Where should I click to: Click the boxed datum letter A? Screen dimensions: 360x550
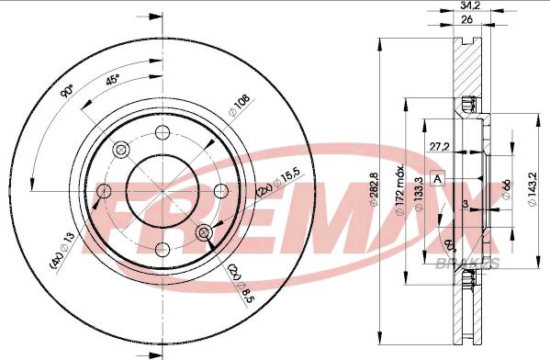click(x=438, y=177)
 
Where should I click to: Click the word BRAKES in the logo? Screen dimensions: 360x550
click(x=475, y=263)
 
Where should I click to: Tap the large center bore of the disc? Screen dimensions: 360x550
click(x=162, y=190)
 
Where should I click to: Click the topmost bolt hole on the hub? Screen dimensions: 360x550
click(x=162, y=131)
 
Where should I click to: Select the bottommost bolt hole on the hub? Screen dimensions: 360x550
click(x=162, y=249)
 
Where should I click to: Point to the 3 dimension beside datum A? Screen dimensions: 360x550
click(x=466, y=203)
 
